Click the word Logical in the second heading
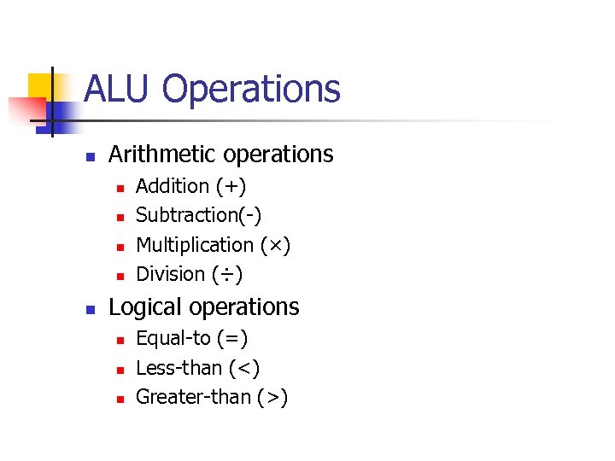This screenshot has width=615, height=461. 146,307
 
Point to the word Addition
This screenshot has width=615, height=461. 173,186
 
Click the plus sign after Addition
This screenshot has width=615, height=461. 231,186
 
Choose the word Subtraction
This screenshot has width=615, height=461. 187,215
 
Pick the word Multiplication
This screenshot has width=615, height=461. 195,245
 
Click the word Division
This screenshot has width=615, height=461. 171,274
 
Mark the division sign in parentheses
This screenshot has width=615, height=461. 227,275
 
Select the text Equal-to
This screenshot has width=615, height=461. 173,339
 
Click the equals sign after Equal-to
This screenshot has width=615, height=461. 232,339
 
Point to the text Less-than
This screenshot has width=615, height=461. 179,368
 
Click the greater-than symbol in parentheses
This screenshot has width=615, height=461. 273,398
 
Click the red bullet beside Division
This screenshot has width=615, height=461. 120,276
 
